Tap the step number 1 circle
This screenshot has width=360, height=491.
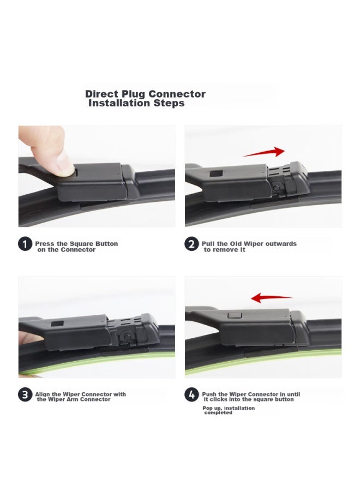pyautogui.click(x=25, y=244)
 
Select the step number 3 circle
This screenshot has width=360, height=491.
pyautogui.click(x=25, y=395)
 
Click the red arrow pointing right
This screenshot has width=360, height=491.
pyautogui.click(x=264, y=152)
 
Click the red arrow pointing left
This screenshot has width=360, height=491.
pyautogui.click(x=271, y=298)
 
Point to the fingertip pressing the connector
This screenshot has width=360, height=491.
pyautogui.click(x=61, y=164)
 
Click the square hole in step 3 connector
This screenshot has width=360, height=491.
pyautogui.click(x=55, y=325)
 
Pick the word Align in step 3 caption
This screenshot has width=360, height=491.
pyautogui.click(x=44, y=394)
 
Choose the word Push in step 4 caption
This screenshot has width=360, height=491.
pyautogui.click(x=210, y=394)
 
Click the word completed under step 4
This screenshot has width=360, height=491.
pyautogui.click(x=218, y=413)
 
